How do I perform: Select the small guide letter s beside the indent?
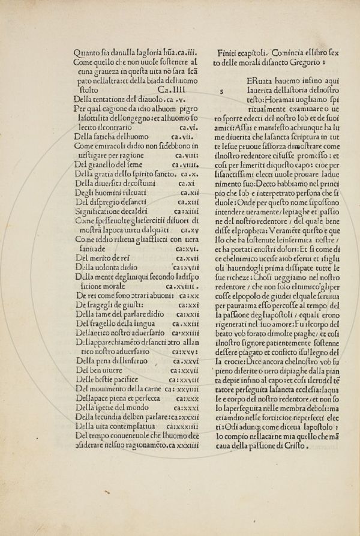tap(223, 92)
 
